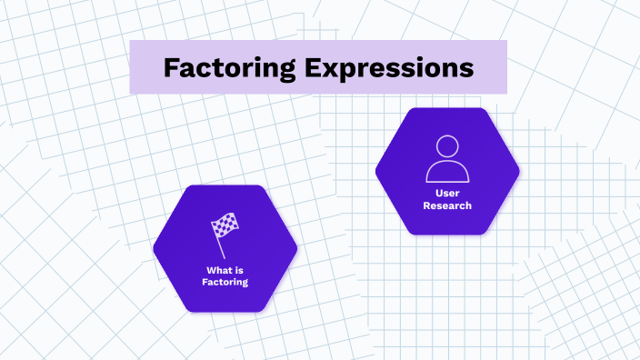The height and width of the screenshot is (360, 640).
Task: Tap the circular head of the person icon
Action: click(x=447, y=146)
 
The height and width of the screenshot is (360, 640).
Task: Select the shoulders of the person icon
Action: click(x=447, y=172)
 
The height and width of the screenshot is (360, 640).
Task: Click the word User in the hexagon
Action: click(x=447, y=194)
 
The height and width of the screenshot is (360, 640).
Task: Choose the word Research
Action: click(x=447, y=205)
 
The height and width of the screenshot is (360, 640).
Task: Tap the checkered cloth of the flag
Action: click(x=225, y=224)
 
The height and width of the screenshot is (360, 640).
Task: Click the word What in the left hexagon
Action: click(x=219, y=270)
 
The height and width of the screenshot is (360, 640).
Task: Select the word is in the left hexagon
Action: click(x=237, y=270)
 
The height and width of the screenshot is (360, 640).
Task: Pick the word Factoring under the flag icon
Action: click(x=225, y=282)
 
